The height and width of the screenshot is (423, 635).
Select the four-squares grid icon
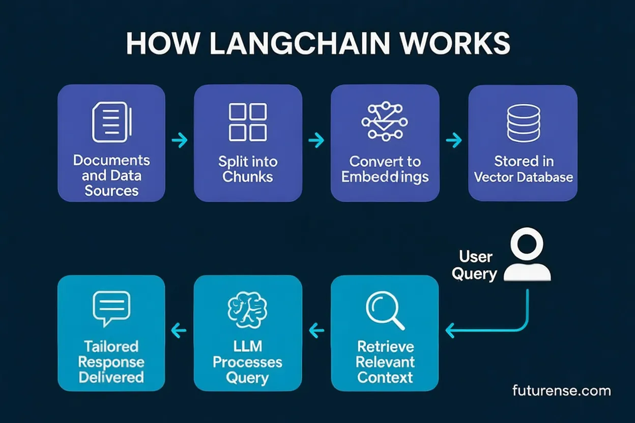pos(248,122)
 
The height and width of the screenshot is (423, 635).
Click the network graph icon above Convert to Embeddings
pos(385,122)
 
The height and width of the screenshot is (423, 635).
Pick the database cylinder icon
pos(523,123)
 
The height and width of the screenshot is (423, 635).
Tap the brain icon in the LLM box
pos(248,310)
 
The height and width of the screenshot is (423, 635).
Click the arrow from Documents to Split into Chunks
pos(180,140)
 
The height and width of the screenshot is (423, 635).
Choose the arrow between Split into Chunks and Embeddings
pos(316,140)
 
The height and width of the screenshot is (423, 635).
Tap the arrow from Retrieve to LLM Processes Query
pos(316,331)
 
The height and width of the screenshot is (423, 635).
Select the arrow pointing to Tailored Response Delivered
pos(179,331)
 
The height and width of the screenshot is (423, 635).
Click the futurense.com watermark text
pos(561,390)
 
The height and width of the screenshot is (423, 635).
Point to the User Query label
pos(475,265)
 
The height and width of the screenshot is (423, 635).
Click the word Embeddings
pos(385,177)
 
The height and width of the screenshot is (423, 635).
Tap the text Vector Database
pos(523,177)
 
